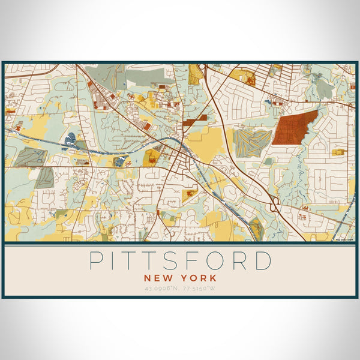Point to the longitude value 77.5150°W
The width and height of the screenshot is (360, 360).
[199, 289]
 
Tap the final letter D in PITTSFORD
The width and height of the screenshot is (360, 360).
[263, 261]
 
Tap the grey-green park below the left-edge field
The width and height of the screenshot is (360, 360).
[44, 178]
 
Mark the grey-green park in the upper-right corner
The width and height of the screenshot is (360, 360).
[324, 89]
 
